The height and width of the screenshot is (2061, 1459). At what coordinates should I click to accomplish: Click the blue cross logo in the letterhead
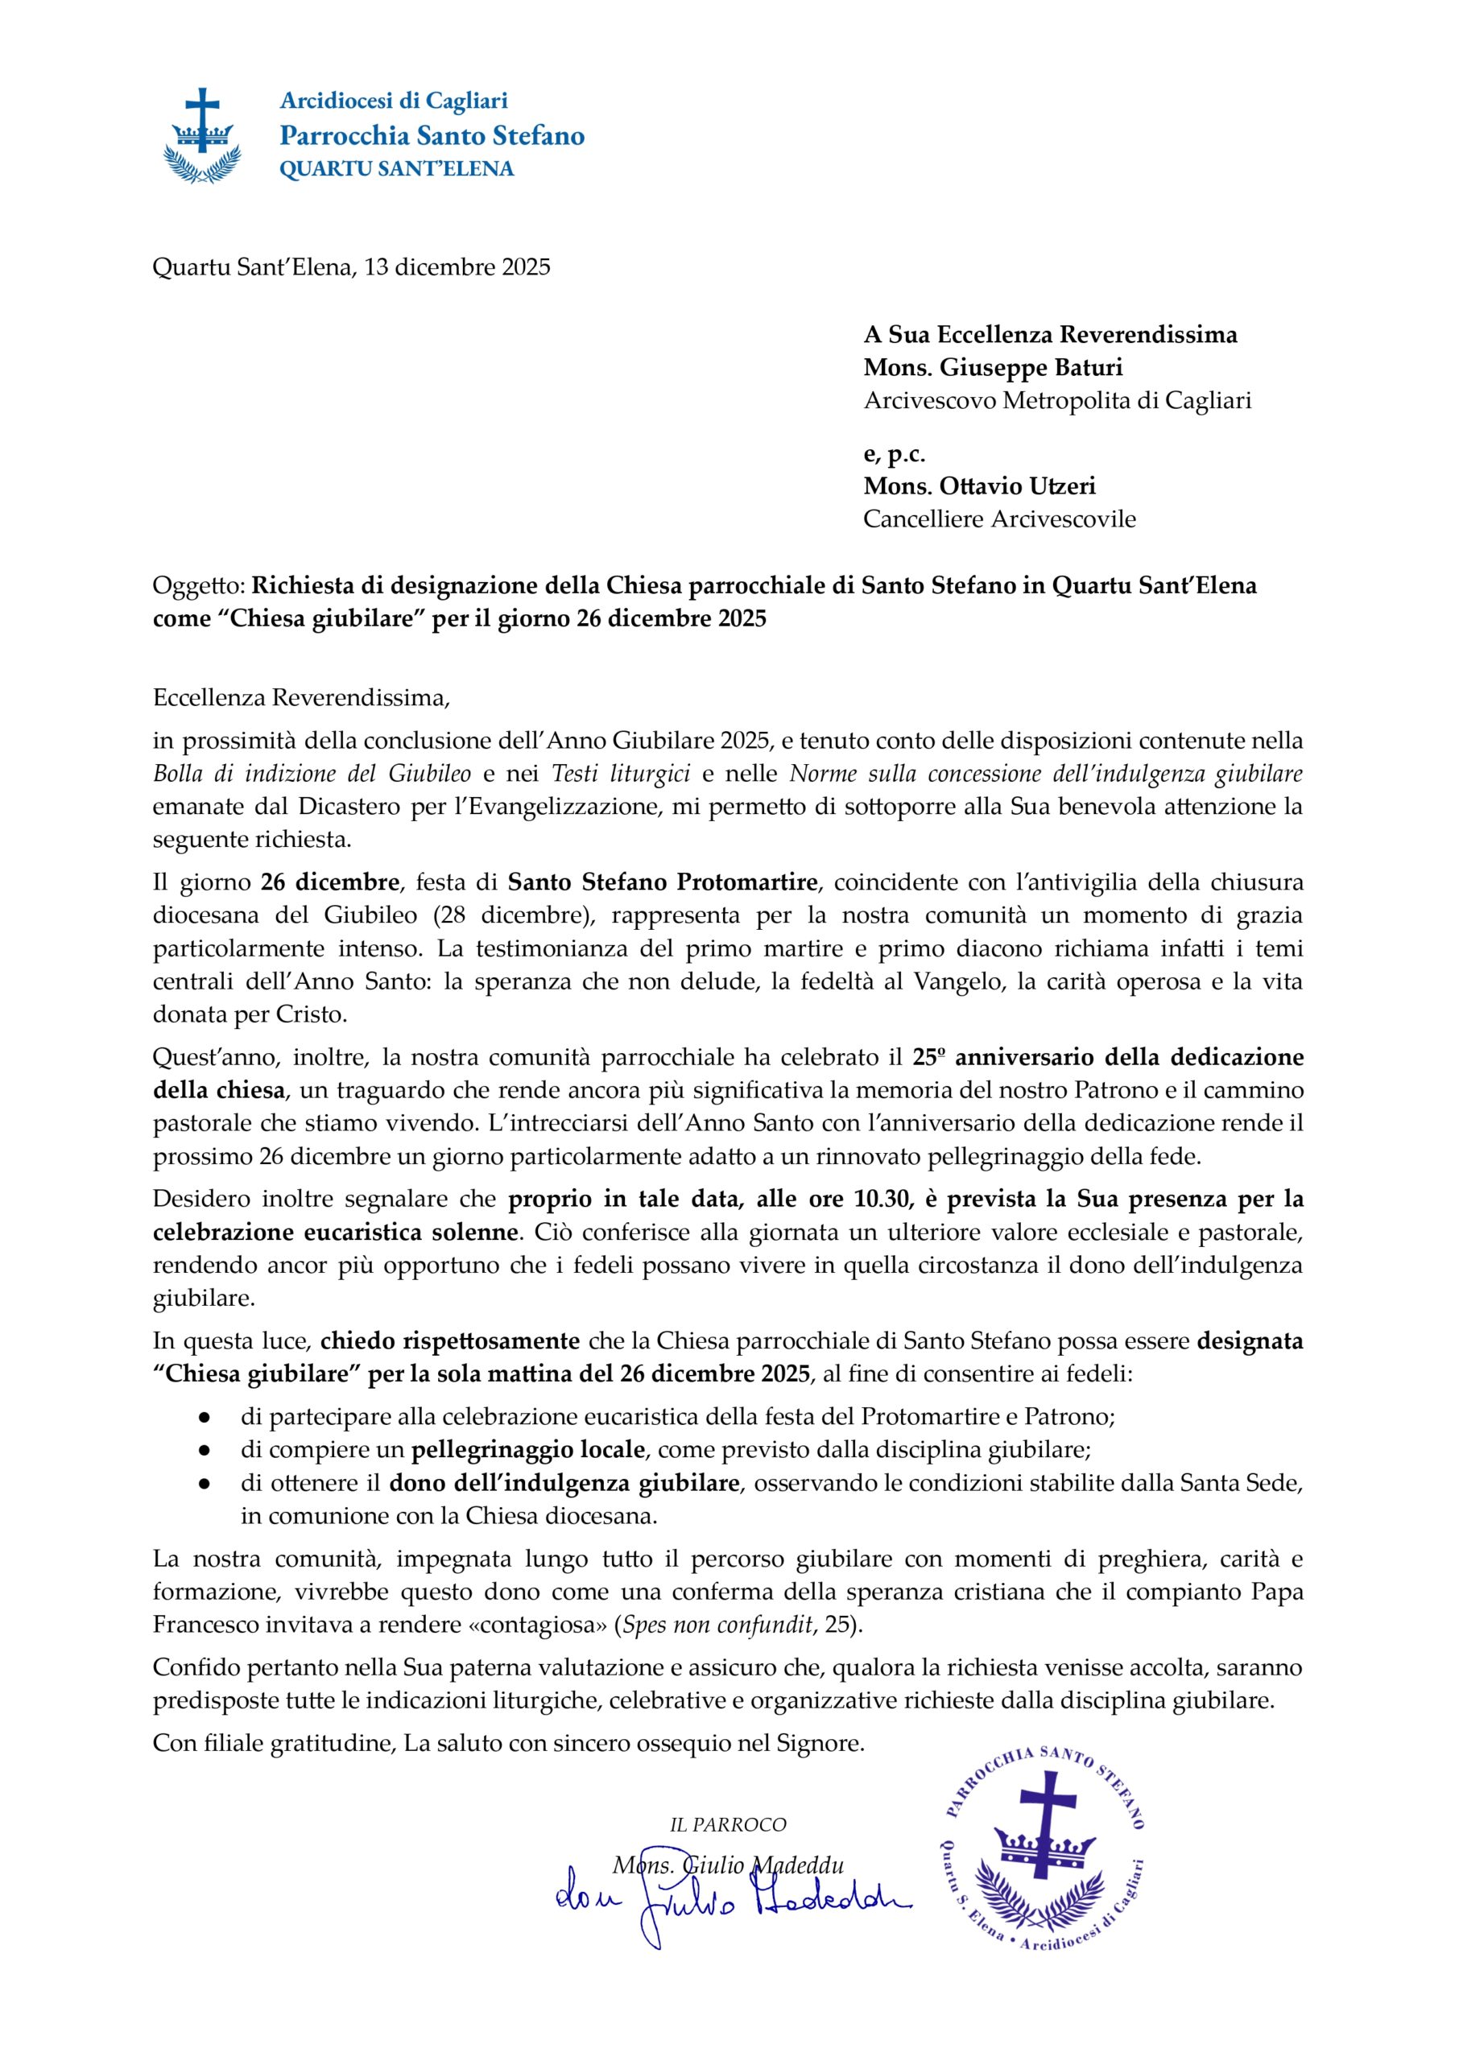pyautogui.click(x=202, y=134)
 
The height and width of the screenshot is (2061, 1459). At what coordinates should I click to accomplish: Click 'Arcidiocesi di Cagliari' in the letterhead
pyautogui.click(x=394, y=101)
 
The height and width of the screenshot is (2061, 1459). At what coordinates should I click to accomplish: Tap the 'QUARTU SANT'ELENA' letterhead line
pyautogui.click(x=396, y=169)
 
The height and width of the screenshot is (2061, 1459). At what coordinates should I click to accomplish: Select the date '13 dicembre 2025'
pyautogui.click(x=457, y=266)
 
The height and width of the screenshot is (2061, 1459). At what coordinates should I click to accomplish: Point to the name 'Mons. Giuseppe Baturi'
pyautogui.click(x=993, y=367)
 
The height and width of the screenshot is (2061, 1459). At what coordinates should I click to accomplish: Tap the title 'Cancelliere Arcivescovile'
pyautogui.click(x=999, y=519)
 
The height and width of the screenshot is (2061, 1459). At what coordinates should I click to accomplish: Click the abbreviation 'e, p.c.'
pyautogui.click(x=894, y=453)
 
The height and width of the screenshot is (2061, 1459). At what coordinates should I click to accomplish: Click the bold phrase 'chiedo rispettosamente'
pyautogui.click(x=449, y=1340)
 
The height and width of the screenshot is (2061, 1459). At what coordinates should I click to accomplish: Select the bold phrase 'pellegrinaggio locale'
pyautogui.click(x=528, y=1449)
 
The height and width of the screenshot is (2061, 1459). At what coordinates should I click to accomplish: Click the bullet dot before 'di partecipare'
pyautogui.click(x=205, y=1417)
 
